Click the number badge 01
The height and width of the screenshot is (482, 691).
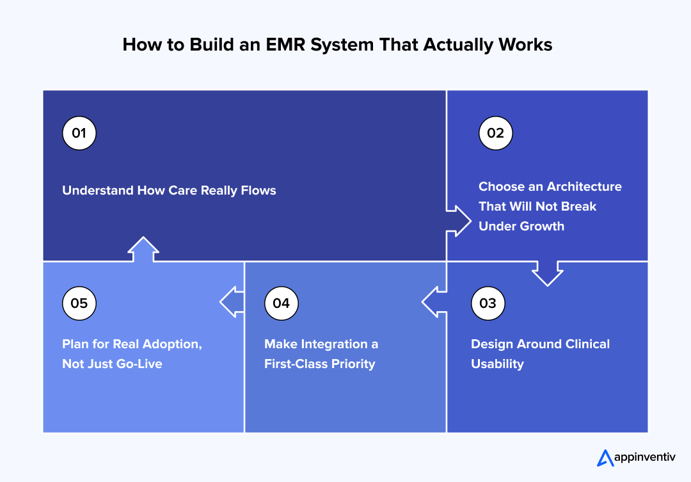point(79,133)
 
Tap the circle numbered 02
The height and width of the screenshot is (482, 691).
point(496,133)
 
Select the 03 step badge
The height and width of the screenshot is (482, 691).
point(488,303)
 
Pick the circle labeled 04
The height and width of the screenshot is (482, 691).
point(282,303)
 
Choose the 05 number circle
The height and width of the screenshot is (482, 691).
point(79,303)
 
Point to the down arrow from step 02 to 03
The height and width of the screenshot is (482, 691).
point(548,273)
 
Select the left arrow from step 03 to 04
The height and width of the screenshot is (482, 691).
point(434,301)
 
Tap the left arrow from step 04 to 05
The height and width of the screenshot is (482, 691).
point(232,301)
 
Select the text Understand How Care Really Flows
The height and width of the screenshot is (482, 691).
point(169,190)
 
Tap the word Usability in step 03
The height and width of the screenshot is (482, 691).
point(497,364)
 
